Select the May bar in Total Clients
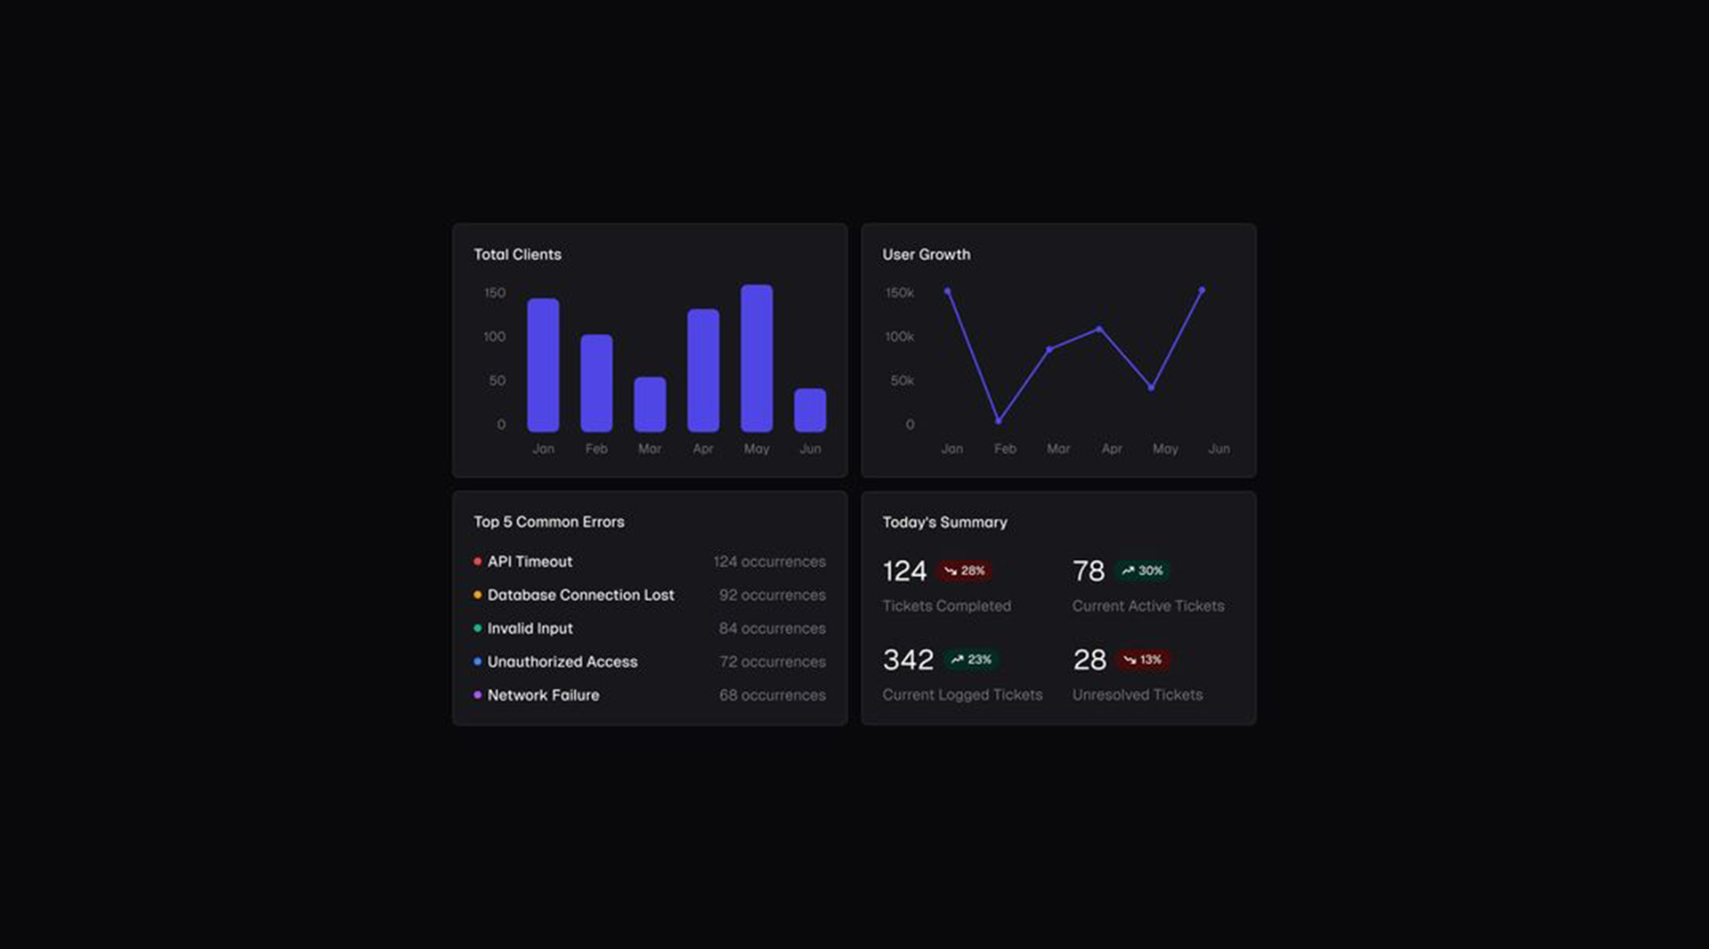[x=757, y=358]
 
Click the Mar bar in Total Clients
[x=650, y=404]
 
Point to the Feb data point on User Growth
[x=999, y=420]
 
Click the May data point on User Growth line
[x=1152, y=387]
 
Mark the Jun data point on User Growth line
[x=1203, y=290]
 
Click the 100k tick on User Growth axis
[x=899, y=337]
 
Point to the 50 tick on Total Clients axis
[x=497, y=380]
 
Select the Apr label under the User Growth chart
[x=1112, y=449]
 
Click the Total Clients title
[x=517, y=255]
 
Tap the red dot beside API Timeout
[x=478, y=562]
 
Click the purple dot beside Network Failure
[x=478, y=695]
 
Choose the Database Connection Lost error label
[x=580, y=595]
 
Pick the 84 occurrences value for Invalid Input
[x=772, y=629]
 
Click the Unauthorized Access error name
[x=562, y=661]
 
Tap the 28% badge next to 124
[x=965, y=571]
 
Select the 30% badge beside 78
[x=1143, y=571]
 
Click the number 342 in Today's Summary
[x=908, y=660]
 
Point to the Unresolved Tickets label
[x=1137, y=694]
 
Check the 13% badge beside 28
[x=1142, y=660]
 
